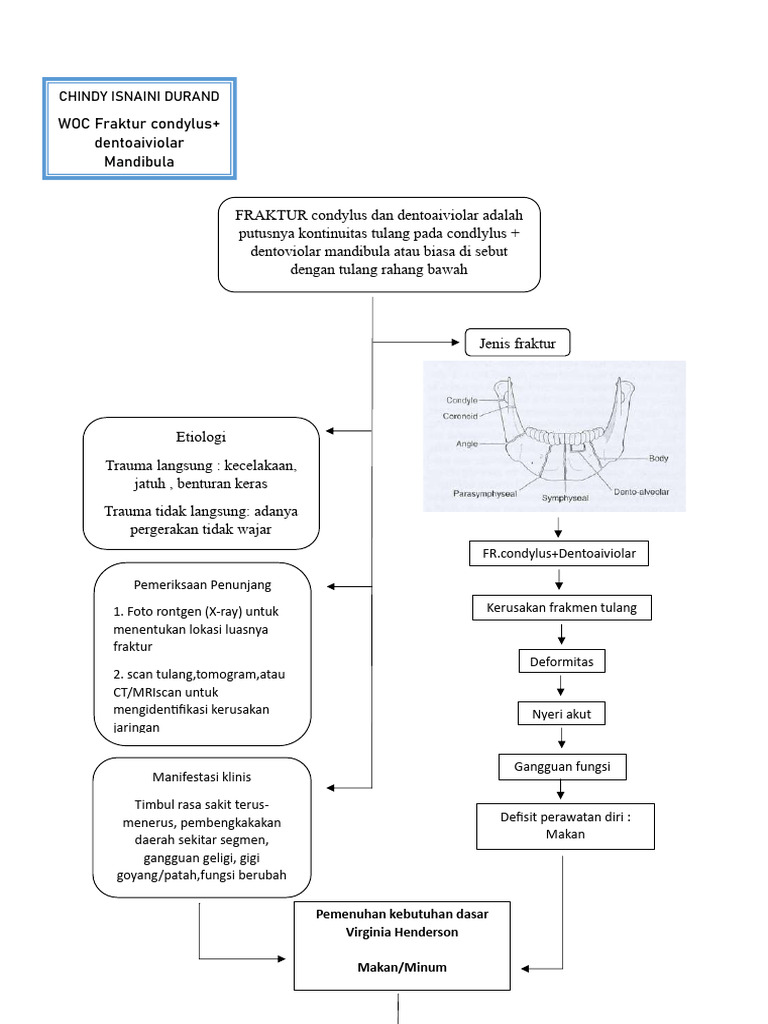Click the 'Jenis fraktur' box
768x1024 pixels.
(517, 344)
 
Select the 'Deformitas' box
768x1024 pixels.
(562, 661)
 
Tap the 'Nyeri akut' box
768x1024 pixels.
(562, 714)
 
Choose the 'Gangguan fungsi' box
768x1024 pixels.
(562, 767)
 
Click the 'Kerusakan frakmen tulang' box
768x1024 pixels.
(561, 607)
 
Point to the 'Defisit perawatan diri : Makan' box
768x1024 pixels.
(565, 825)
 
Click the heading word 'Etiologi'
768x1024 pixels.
(201, 437)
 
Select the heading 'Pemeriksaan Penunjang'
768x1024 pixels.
(203, 583)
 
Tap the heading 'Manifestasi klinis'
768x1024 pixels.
(202, 776)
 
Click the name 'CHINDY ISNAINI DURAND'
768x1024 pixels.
(140, 96)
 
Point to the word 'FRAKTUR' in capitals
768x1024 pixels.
(271, 215)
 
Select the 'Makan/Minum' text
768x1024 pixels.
(401, 967)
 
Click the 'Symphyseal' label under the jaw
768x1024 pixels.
(565, 497)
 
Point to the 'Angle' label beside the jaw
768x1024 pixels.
(465, 441)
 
